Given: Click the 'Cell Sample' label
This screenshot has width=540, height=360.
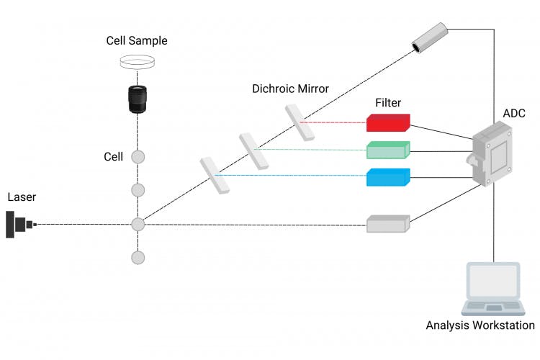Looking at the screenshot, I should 137,41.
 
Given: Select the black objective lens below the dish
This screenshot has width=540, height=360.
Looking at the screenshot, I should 137,99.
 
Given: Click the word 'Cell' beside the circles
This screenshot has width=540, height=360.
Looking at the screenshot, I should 113,156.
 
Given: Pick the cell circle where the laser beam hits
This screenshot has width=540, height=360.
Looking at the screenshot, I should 138,224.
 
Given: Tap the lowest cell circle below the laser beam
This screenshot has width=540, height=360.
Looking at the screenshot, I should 138,257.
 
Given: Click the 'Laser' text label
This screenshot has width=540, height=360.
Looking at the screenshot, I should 22,197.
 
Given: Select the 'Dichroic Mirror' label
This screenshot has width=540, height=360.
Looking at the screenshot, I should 290,89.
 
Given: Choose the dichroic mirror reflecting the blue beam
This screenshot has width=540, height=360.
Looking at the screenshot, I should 215,176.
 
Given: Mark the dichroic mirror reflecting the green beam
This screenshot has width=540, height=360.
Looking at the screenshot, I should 254,150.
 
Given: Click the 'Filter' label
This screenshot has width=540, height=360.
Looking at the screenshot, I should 388,103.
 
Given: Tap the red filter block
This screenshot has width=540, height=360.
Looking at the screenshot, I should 388,123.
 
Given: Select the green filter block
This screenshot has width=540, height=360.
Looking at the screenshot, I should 388,150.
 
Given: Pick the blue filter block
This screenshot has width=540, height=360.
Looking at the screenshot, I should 388,176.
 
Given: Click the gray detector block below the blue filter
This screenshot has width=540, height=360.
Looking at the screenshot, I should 388,223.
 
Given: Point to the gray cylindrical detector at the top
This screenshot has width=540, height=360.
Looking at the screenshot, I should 430,37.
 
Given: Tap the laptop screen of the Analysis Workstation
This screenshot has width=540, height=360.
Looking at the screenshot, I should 494,282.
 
